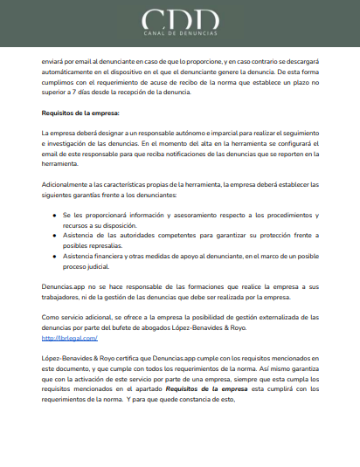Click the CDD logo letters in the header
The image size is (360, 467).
click(x=179, y=19)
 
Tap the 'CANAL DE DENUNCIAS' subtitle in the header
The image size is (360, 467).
click(x=179, y=36)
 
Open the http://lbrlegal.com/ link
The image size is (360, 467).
click(x=69, y=338)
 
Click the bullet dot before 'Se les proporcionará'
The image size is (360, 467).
click(x=55, y=215)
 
